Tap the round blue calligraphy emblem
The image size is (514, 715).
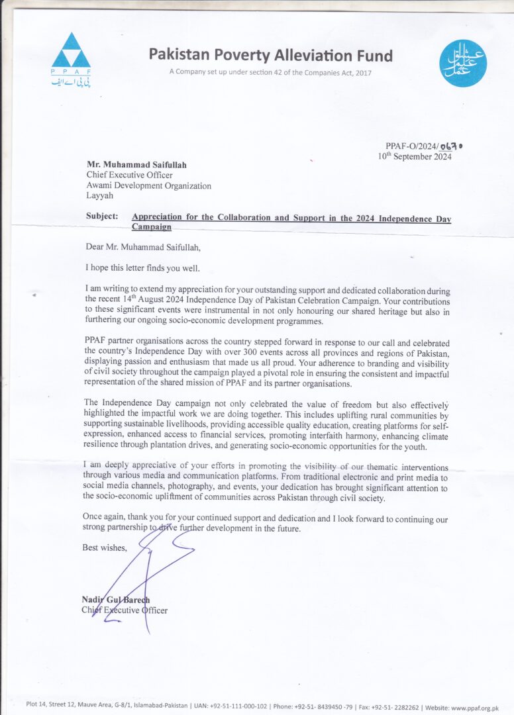[463, 64]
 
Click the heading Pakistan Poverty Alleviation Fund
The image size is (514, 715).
[270, 55]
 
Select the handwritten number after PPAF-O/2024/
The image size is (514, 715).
[440, 146]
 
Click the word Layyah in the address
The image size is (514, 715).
[100, 196]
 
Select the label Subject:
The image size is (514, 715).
[102, 216]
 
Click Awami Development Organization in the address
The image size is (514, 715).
[149, 186]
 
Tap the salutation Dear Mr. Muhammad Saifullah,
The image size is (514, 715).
[142, 247]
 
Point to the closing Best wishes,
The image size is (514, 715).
[105, 547]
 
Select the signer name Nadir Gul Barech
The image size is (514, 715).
[116, 600]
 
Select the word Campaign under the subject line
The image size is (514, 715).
[151, 226]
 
